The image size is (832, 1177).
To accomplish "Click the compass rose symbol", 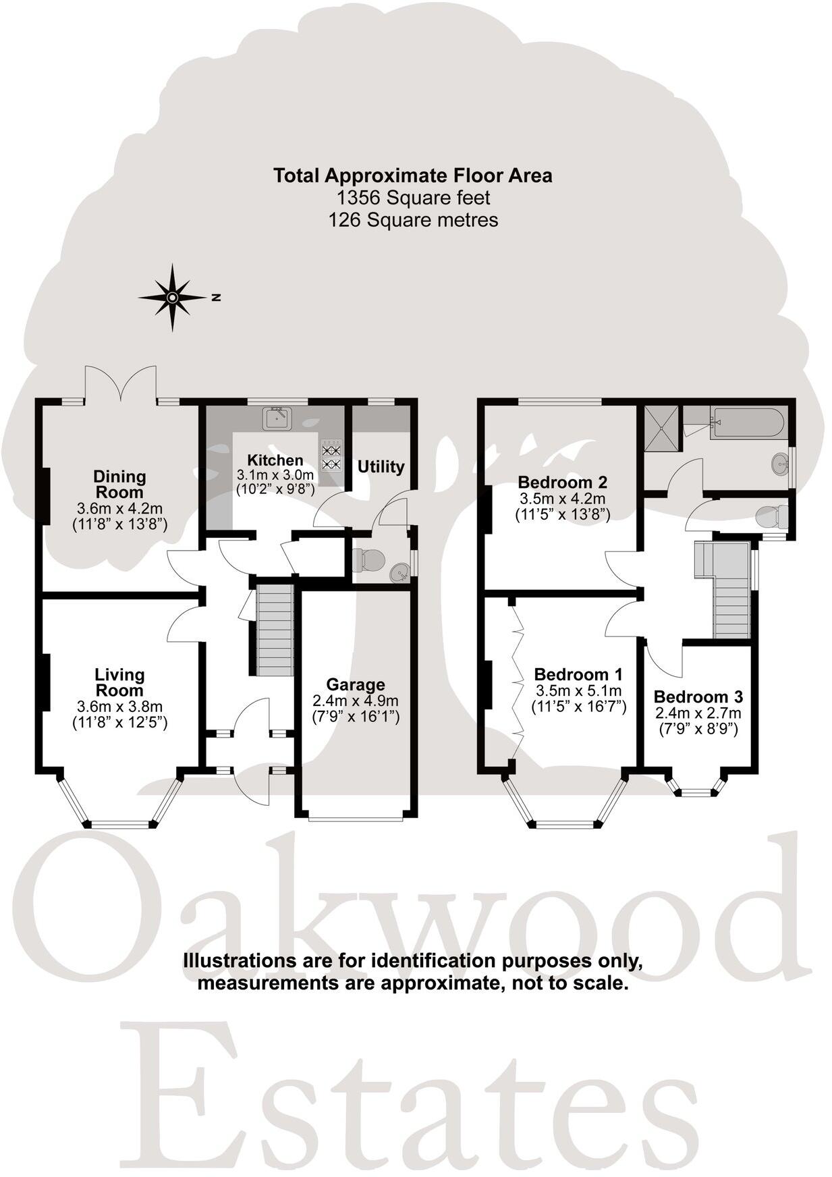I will [x=172, y=297].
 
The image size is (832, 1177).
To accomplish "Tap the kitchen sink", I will [x=279, y=418].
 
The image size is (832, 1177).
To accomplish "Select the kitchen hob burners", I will [x=331, y=456].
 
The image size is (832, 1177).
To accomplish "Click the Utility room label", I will [x=381, y=466].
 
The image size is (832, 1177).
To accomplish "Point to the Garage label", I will [x=356, y=684].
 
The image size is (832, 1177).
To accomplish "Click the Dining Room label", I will [x=119, y=484].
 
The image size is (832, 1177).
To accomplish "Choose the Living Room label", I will [x=119, y=682].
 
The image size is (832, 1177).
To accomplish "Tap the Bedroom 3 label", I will [x=698, y=696].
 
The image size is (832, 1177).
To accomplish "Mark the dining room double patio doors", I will [x=121, y=385].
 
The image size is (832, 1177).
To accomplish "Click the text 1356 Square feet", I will [x=413, y=198].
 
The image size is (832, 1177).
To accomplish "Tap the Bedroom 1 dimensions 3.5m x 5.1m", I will [x=578, y=690].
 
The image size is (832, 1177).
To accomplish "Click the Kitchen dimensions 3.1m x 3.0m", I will [x=275, y=475].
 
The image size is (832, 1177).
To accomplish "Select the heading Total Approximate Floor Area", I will [x=413, y=175].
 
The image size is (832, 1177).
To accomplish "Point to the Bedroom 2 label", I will [x=562, y=482].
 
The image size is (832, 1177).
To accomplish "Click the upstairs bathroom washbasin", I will [x=780, y=464].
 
